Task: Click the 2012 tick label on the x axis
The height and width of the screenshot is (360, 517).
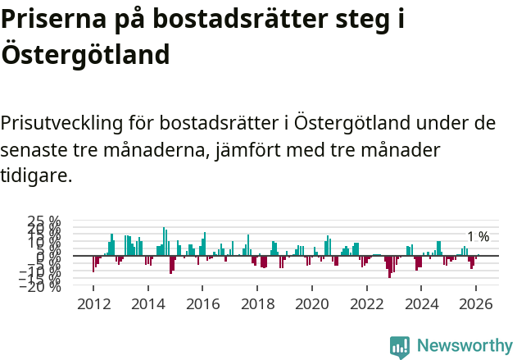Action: click(x=93, y=303)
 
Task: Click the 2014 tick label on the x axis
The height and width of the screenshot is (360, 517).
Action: click(x=148, y=303)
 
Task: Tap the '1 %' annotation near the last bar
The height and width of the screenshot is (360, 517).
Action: click(x=478, y=237)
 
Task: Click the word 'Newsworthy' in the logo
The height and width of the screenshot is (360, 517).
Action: click(x=464, y=346)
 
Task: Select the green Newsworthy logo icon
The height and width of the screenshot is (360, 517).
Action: click(x=400, y=347)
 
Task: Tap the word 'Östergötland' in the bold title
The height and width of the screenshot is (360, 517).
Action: click(x=85, y=55)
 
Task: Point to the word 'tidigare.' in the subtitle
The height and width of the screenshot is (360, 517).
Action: click(x=36, y=175)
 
